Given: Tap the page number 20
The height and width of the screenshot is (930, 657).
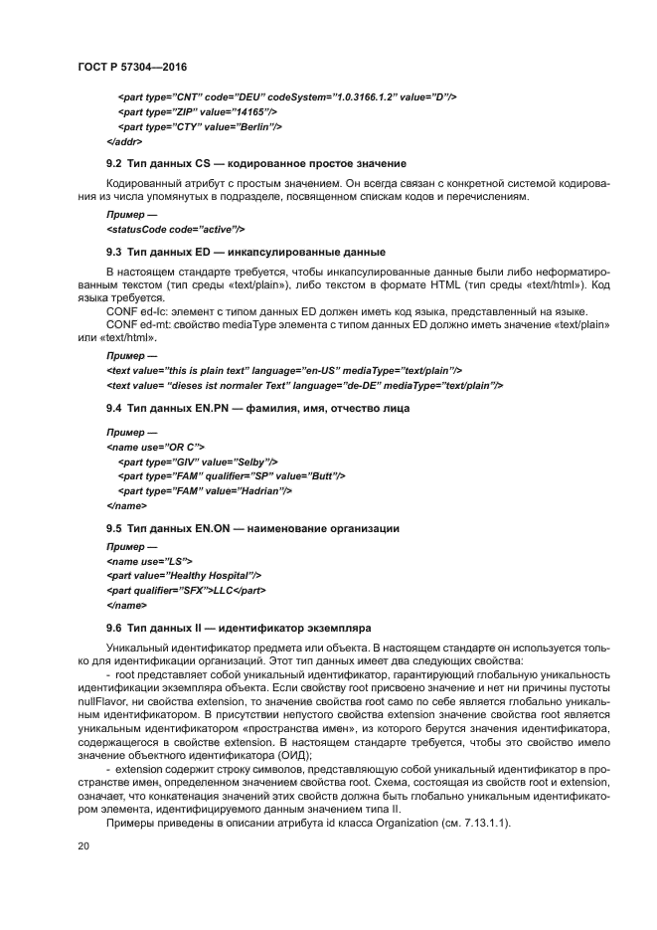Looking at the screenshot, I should coord(83,846).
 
